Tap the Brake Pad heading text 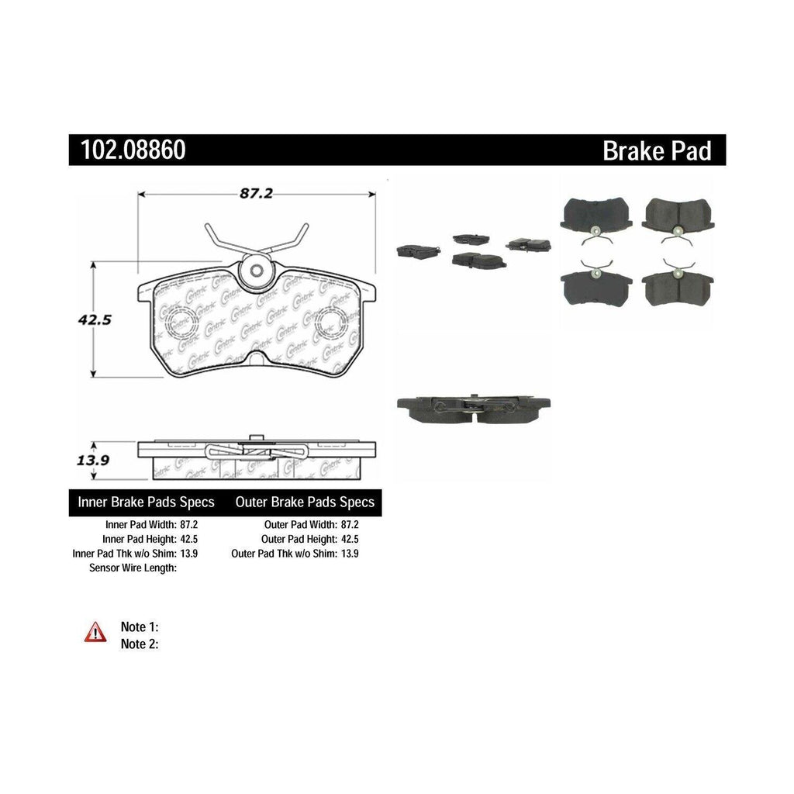[x=657, y=150]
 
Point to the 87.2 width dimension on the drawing [x=256, y=194]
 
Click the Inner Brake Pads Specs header [x=147, y=502]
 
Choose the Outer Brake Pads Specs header [x=305, y=502]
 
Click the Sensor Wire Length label [x=134, y=568]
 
